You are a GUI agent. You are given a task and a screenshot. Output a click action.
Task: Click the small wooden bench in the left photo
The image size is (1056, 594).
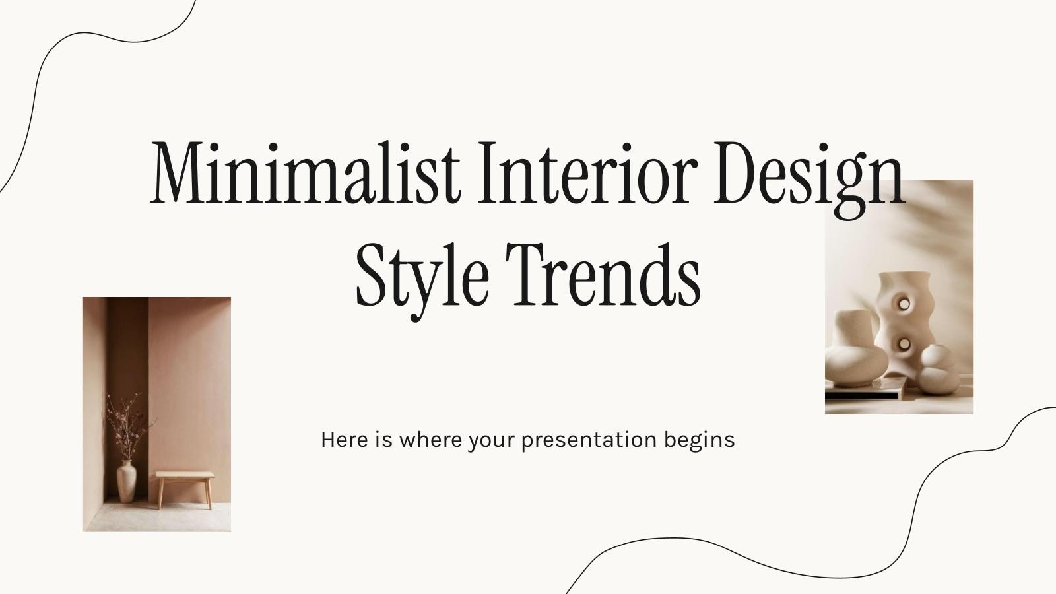click(x=185, y=486)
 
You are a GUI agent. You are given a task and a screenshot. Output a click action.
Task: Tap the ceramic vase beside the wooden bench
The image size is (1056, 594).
click(x=126, y=481)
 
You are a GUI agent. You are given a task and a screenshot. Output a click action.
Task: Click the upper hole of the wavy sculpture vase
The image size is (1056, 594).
click(x=903, y=304)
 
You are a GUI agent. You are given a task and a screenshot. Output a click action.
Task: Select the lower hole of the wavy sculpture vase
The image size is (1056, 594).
click(x=902, y=343)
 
